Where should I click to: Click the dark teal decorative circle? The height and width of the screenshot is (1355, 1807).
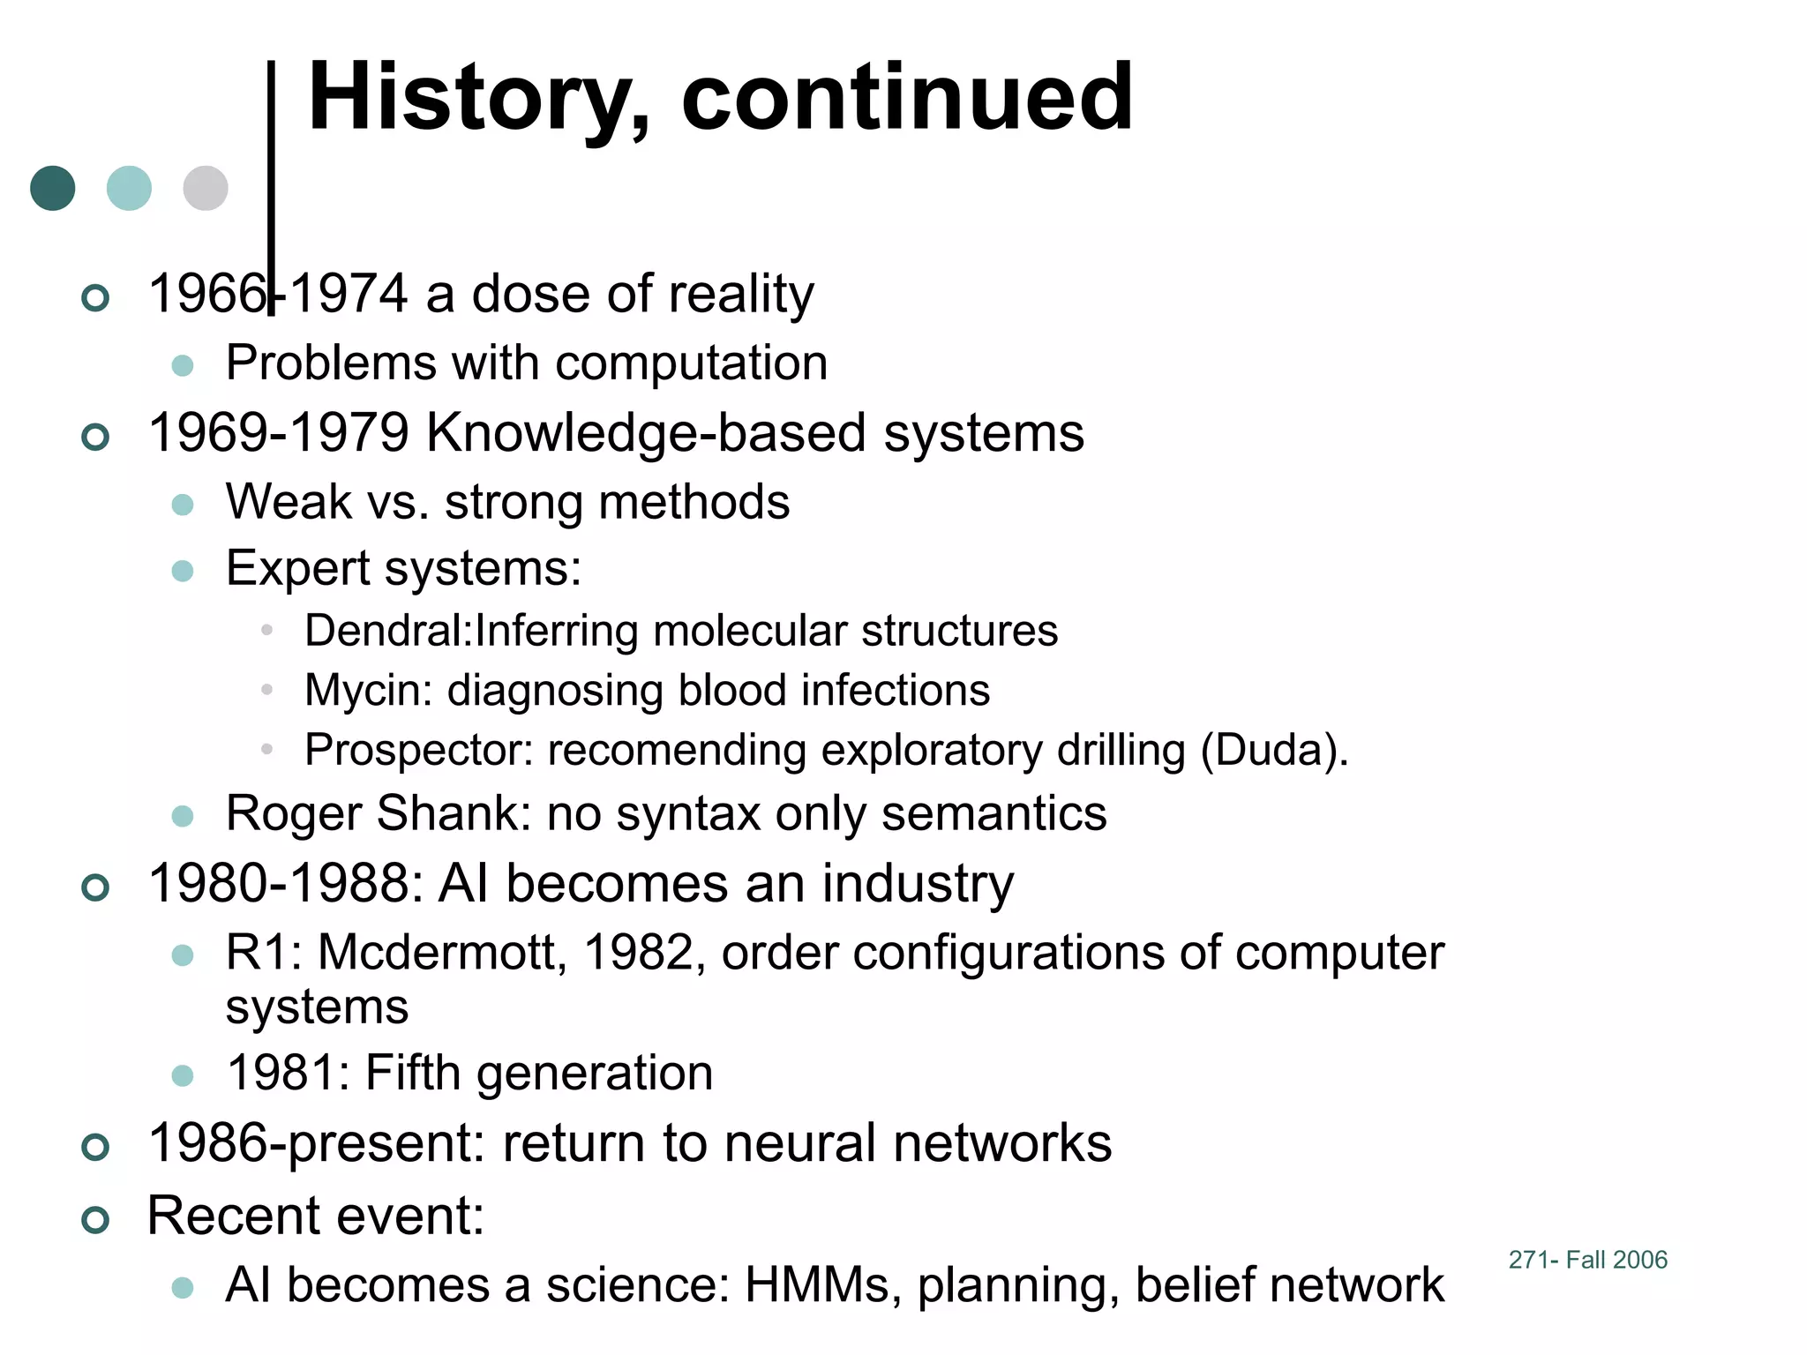pos(53,188)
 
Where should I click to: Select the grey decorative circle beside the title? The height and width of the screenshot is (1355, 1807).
pos(206,188)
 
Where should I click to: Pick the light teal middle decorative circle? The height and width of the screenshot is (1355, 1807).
pos(129,188)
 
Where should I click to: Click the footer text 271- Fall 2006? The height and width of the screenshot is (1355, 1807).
pos(1587,1260)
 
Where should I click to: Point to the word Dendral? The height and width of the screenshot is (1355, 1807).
pos(386,631)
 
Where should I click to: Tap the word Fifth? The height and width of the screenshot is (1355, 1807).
pos(412,1073)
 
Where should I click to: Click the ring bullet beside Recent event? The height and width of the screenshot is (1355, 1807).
pos(95,1221)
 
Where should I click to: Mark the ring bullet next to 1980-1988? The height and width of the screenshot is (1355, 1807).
pos(95,887)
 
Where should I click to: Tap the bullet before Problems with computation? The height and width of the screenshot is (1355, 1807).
pos(183,365)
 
